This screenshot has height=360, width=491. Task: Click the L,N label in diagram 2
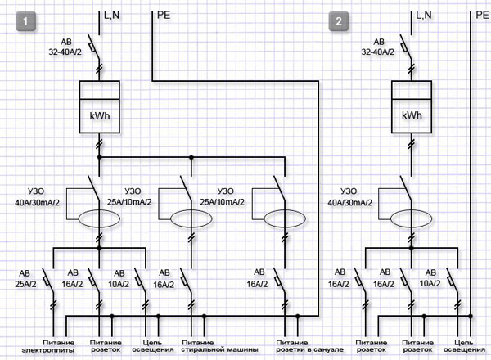pos(423,14)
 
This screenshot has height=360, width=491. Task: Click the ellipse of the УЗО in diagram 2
pos(411,219)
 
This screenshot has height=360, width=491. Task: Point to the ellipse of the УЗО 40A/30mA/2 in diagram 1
pos(99,219)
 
